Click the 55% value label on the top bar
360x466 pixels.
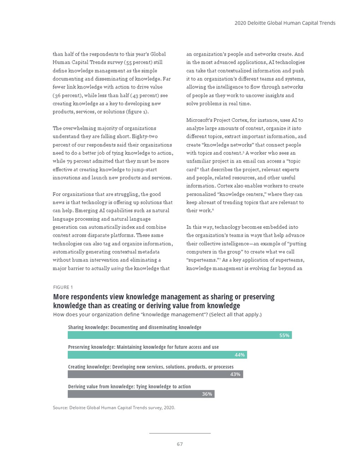[284, 335]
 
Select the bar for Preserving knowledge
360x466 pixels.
[154, 355]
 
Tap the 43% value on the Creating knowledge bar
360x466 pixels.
[235, 374]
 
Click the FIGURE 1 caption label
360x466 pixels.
[63, 287]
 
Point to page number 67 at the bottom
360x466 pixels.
[179, 444]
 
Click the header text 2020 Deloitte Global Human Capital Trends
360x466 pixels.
[285, 23]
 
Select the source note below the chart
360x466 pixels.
[114, 407]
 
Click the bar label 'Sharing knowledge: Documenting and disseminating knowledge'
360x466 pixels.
[135, 327]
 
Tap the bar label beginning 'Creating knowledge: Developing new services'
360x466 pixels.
[151, 367]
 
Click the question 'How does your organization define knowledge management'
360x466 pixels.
[157, 314]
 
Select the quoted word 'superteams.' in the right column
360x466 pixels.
[200, 260]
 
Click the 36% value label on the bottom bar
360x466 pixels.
[207, 394]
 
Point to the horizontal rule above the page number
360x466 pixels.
[179, 433]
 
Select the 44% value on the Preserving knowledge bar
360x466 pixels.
[239, 355]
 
